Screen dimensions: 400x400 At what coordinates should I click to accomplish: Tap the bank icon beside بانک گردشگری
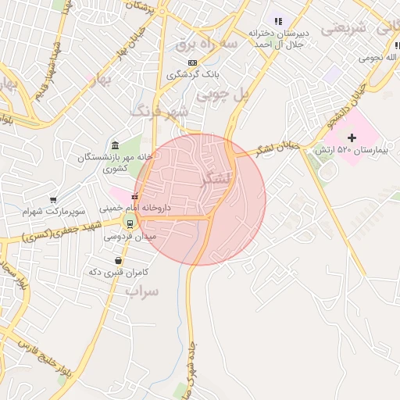coord(191,62)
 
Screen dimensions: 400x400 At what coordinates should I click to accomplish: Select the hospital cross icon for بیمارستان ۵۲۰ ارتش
coord(352,137)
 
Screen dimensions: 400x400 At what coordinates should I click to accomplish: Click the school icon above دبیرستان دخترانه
coord(279,21)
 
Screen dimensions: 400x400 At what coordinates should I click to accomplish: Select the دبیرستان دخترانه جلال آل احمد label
coord(280,38)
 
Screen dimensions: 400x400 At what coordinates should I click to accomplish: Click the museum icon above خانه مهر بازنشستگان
coord(116,145)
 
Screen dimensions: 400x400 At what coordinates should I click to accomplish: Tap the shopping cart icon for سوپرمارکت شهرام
coord(53,200)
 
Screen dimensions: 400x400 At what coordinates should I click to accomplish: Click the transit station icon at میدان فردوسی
coord(130,223)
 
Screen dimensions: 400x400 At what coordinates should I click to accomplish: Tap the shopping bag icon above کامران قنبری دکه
coord(117,260)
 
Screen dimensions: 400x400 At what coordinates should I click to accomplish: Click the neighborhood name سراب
coord(142,291)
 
